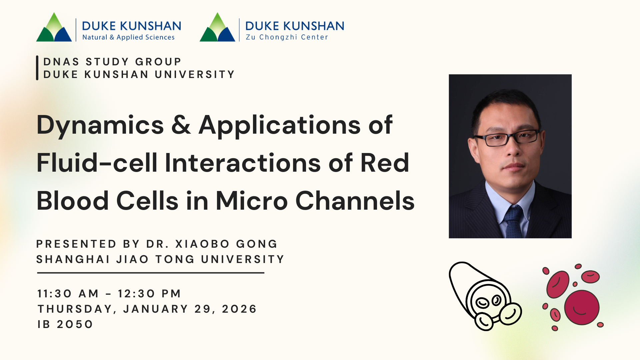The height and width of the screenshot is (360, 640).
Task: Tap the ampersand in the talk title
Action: (x=181, y=125)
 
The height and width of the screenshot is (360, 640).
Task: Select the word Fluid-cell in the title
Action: (x=97, y=163)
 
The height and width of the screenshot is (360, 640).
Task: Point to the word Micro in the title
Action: (x=252, y=201)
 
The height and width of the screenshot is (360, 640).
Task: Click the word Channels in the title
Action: (x=355, y=201)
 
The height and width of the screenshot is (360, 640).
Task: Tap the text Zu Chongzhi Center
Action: (x=287, y=37)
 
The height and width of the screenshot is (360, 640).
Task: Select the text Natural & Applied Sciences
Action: (x=128, y=37)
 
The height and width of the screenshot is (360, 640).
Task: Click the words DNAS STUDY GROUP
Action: (x=112, y=62)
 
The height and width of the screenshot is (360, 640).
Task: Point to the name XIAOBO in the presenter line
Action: (x=202, y=244)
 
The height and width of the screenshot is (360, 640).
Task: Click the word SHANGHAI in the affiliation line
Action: (x=73, y=259)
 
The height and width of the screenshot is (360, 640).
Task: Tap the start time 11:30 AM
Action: (x=68, y=294)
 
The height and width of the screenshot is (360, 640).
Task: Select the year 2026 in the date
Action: (x=239, y=309)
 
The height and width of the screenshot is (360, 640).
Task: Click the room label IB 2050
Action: (x=65, y=324)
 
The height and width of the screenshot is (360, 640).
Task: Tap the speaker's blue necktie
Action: (x=513, y=221)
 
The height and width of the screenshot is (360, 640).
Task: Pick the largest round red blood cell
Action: (x=582, y=307)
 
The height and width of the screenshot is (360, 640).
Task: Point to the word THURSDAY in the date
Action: (x=75, y=309)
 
